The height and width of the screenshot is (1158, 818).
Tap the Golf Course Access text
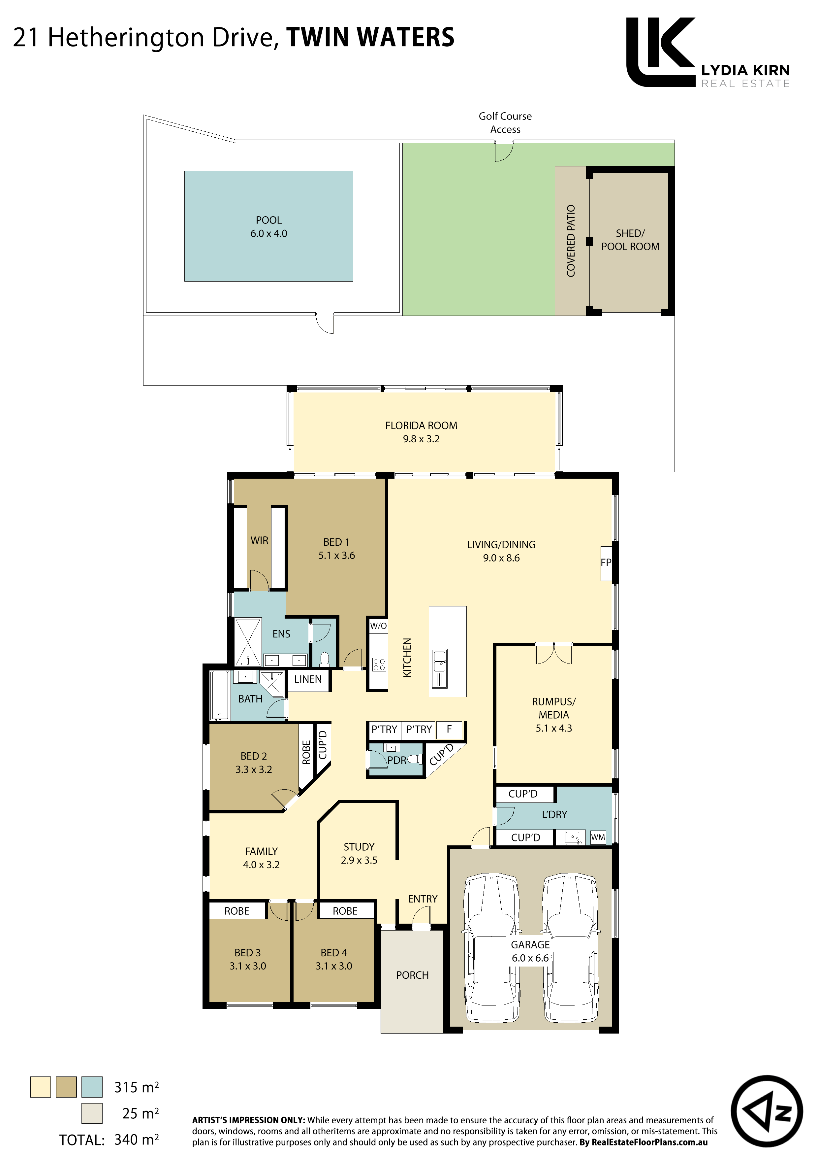coord(505,122)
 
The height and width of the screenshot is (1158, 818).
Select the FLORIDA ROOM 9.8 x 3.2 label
coord(421,432)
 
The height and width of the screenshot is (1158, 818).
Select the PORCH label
coord(412,975)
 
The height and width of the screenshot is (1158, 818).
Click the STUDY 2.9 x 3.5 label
coord(359,853)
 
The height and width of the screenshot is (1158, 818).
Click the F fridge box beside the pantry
coord(449,729)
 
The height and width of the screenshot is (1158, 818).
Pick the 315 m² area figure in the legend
coord(137,1087)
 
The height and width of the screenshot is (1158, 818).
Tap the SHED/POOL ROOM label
coord(630,240)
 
